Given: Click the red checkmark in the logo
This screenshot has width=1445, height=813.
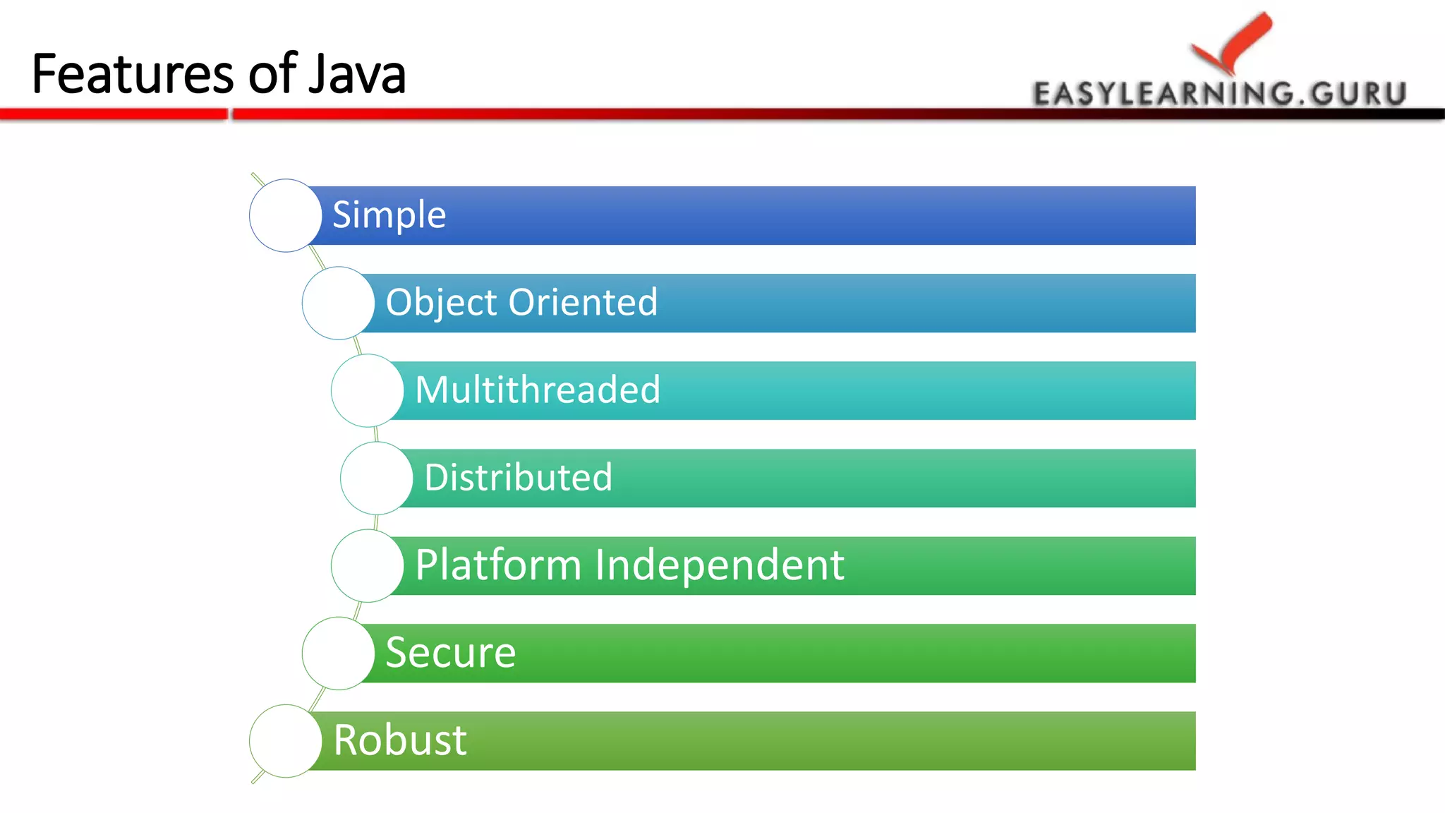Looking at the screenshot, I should [x=1235, y=42].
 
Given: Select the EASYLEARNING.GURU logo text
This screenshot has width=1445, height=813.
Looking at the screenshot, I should [x=1220, y=94].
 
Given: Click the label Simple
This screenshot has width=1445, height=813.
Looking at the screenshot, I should [x=389, y=215].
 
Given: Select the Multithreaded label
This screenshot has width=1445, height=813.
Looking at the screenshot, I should [x=538, y=390].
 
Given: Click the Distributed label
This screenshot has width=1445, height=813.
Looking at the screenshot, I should [x=518, y=477].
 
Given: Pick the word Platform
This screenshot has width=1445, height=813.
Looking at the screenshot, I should [x=497, y=565].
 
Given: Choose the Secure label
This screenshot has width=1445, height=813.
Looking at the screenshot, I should [x=450, y=652].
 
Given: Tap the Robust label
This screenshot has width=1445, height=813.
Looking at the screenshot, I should [x=399, y=740].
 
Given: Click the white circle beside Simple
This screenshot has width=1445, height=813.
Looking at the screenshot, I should [x=286, y=215].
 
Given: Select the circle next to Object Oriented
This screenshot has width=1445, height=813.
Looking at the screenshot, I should [x=338, y=303].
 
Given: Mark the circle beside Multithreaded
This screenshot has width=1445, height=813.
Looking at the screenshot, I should [x=367, y=390].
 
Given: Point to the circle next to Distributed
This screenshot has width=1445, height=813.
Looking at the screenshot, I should [x=376, y=478].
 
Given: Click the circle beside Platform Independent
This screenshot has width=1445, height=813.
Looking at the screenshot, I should [x=367, y=565].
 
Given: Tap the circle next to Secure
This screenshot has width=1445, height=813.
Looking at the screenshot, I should [x=338, y=653].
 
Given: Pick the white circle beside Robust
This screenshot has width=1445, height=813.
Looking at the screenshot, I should [x=286, y=740].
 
